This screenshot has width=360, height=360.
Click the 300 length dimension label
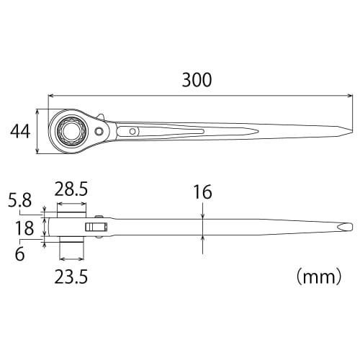196,80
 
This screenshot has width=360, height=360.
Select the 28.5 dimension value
72,190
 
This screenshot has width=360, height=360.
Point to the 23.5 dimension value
71,276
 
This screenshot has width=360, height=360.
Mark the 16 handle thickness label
202,192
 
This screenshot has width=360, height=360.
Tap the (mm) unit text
318,276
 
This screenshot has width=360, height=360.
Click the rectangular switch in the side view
95,228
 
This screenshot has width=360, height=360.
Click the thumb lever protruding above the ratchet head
102,117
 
